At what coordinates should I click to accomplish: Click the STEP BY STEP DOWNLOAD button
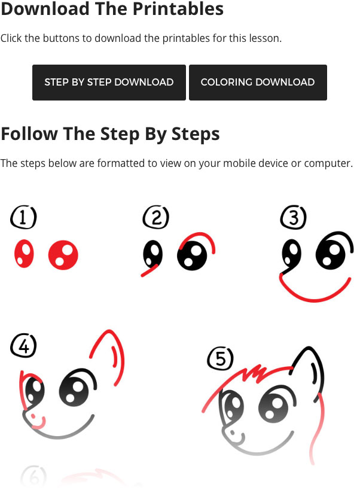(109, 82)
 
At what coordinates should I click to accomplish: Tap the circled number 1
(23, 217)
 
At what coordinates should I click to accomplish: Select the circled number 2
(156, 217)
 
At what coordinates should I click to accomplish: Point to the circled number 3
(293, 217)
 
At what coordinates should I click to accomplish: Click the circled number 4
(23, 346)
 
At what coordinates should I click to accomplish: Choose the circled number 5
(220, 358)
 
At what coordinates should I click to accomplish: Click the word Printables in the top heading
(178, 9)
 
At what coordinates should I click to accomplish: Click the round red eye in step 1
(63, 255)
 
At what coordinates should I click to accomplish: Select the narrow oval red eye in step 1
(24, 254)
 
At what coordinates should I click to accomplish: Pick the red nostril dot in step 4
(33, 416)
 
